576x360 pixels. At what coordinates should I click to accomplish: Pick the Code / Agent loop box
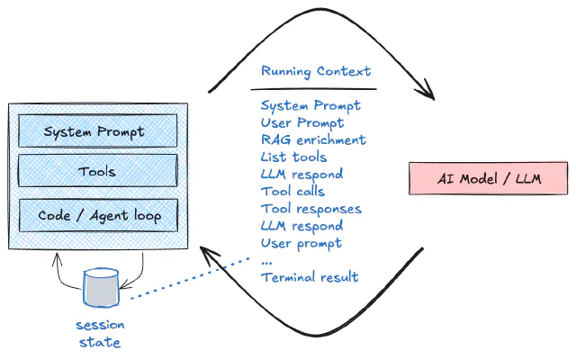click(x=97, y=216)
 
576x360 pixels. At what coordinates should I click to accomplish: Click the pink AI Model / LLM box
click(x=489, y=177)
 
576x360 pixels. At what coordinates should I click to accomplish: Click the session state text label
click(x=101, y=333)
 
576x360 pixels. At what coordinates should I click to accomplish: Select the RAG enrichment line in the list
click(x=313, y=139)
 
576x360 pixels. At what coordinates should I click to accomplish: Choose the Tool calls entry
click(x=292, y=191)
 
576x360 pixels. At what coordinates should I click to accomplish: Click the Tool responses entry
click(x=310, y=209)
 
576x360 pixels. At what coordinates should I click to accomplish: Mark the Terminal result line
click(x=310, y=277)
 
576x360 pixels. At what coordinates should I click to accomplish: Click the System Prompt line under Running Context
click(x=310, y=105)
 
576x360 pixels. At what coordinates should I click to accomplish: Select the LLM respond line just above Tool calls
click(x=301, y=174)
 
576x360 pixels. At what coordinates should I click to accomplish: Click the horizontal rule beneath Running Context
click(x=313, y=89)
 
